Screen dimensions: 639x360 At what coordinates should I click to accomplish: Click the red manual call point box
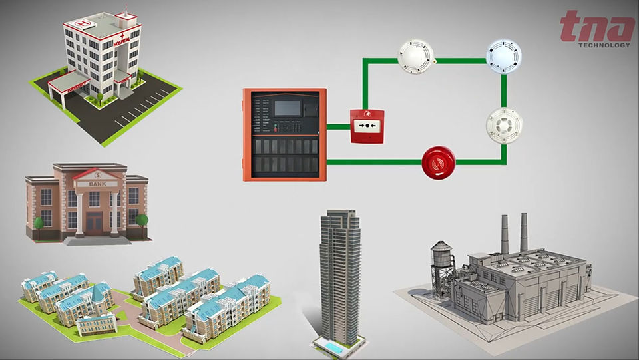(x=367, y=125)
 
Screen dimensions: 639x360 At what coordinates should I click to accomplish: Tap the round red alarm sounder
(x=438, y=162)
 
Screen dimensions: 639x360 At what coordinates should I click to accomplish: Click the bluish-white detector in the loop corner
(x=503, y=57)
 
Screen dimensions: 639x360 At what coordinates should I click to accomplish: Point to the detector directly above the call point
(x=416, y=56)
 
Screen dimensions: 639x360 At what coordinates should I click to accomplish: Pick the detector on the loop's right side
(x=504, y=125)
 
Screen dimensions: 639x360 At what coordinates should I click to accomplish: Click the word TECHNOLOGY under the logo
(x=604, y=45)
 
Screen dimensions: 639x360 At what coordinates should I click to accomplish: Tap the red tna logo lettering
(x=597, y=27)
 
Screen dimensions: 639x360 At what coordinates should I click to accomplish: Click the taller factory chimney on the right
(x=524, y=232)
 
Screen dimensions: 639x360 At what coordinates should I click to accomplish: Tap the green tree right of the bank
(x=141, y=220)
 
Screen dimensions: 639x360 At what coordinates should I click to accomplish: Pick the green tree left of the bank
(x=38, y=222)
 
